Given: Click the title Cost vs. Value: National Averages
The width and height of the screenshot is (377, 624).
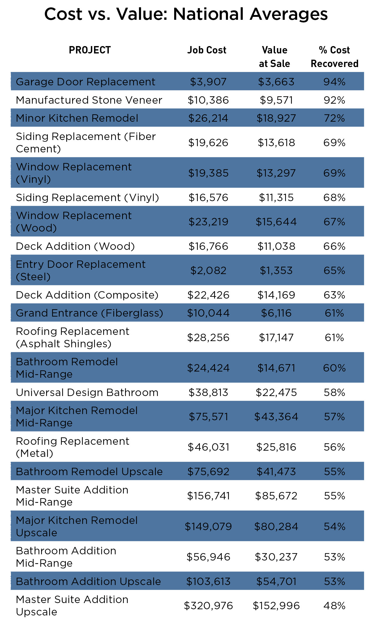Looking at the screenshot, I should (x=186, y=14).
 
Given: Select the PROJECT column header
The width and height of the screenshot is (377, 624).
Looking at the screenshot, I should (x=90, y=50).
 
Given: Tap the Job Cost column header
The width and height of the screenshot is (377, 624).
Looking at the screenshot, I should (x=207, y=50).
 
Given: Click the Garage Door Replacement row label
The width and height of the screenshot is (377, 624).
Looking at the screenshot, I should (x=85, y=82).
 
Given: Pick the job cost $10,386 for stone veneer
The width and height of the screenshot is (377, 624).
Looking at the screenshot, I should (x=208, y=100).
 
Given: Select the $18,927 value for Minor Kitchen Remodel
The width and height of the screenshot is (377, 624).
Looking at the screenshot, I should (x=276, y=118).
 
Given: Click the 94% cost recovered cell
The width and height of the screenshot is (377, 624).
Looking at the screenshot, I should (x=334, y=82).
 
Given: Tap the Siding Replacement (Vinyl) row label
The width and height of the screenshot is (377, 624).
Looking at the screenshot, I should (x=88, y=198).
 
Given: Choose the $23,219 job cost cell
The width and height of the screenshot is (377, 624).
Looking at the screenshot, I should (x=208, y=222).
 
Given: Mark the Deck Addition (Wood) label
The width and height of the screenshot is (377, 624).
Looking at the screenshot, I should (x=75, y=246).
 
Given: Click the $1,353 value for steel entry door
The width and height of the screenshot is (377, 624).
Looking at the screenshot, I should (x=276, y=271).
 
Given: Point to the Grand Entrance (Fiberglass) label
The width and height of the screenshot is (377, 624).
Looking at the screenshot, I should (x=89, y=313).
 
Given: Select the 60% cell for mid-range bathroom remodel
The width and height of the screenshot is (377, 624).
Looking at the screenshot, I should (x=334, y=368).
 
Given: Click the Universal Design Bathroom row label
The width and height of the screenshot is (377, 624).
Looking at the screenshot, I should (x=87, y=392).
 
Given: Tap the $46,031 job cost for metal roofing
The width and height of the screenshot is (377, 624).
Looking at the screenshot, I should (x=208, y=447).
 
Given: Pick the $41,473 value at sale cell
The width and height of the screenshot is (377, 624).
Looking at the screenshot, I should (x=276, y=472).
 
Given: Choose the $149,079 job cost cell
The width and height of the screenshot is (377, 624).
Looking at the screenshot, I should (x=208, y=526).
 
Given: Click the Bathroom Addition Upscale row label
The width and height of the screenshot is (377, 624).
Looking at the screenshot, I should (x=88, y=581).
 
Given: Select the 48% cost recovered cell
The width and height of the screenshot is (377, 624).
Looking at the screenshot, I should (x=334, y=606).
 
